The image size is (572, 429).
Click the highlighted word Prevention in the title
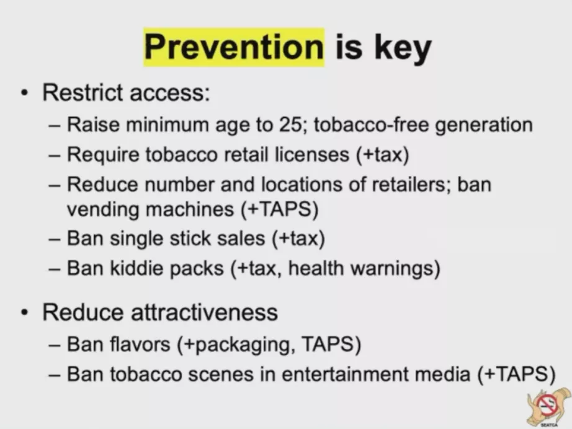click(234, 47)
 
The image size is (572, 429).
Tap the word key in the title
click(403, 49)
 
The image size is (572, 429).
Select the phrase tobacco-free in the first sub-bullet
click(372, 125)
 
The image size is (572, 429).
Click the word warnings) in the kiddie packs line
click(395, 268)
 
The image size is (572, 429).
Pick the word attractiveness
click(204, 312)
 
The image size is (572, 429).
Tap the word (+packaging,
click(236, 345)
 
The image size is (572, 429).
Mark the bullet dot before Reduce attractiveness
click(25, 312)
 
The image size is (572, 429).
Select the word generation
click(484, 125)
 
